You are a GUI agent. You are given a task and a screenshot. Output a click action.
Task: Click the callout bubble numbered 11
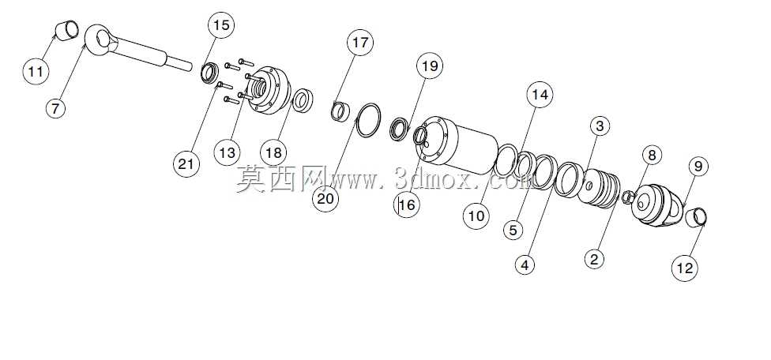[36, 72]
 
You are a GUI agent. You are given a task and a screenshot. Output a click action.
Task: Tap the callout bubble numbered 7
[55, 108]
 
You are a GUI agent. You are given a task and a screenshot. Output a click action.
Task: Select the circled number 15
[221, 25]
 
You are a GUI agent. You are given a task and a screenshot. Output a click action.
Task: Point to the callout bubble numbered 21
[186, 163]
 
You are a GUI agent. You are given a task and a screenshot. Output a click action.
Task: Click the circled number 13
[228, 152]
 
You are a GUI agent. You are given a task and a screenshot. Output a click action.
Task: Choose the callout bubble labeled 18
[273, 152]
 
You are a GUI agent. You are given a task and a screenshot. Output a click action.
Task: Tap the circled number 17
[360, 43]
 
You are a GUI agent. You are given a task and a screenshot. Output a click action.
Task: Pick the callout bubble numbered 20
[325, 198]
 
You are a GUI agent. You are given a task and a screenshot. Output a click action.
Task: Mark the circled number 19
[429, 66]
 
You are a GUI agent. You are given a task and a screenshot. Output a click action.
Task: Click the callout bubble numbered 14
[540, 94]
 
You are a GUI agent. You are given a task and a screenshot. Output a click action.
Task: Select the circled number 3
[600, 126]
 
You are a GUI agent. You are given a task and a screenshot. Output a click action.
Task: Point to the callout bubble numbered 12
[684, 268]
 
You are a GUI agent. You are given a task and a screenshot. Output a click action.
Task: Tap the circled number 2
[595, 258]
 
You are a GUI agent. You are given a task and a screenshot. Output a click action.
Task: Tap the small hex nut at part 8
[627, 197]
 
